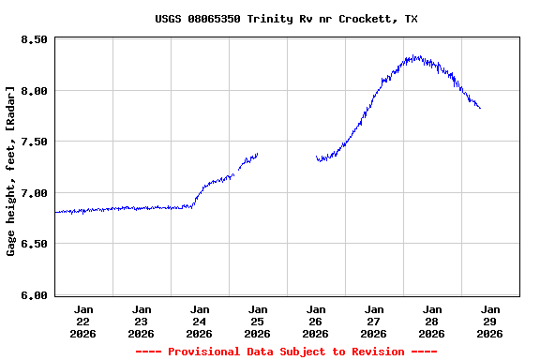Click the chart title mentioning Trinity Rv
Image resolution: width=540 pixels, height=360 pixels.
click(x=286, y=19)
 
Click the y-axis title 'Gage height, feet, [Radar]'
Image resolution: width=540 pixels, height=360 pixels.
click(x=11, y=171)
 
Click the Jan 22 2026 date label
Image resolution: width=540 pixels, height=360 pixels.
click(x=83, y=321)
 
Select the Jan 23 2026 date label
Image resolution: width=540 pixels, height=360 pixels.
click(x=142, y=321)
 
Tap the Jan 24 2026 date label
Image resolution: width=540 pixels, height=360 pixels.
click(x=200, y=321)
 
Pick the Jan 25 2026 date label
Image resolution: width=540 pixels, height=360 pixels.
click(x=258, y=321)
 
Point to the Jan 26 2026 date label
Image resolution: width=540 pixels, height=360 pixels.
click(x=316, y=321)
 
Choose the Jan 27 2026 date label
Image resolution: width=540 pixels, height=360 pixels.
click(x=374, y=321)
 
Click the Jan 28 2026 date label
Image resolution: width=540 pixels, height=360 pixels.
click(x=432, y=321)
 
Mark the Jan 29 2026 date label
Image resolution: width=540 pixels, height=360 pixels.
click(x=490, y=321)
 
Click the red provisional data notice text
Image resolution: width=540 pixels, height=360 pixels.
click(x=286, y=352)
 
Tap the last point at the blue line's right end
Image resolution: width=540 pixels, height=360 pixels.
click(x=480, y=108)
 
